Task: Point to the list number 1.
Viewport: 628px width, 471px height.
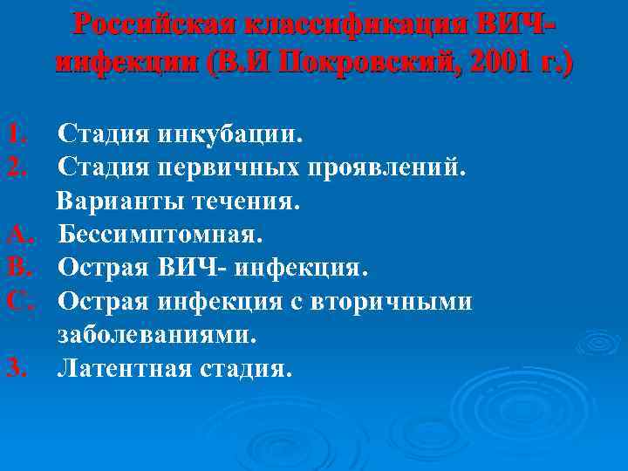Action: (17, 135)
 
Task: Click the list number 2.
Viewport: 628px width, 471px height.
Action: (17, 168)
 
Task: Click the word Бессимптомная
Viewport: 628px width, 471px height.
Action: (160, 235)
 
